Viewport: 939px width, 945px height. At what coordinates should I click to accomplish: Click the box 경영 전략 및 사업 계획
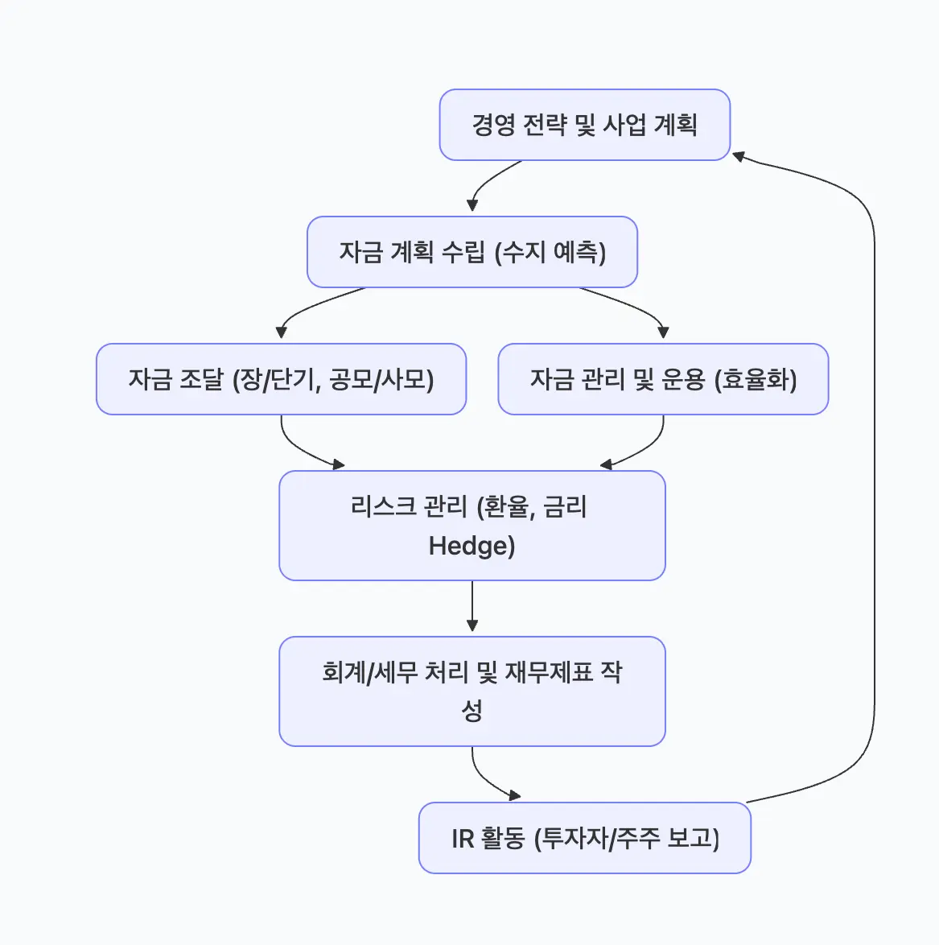(584, 125)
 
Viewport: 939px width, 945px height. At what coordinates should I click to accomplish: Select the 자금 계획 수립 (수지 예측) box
(472, 252)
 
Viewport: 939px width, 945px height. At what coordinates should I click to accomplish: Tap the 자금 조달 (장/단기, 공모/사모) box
(281, 379)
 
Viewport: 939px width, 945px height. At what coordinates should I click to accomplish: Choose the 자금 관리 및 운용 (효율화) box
(663, 379)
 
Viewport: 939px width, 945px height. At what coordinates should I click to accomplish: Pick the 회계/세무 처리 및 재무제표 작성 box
(472, 691)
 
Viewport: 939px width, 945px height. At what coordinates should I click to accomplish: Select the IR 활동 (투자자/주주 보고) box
(584, 838)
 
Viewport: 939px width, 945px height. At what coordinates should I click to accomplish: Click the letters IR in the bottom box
(463, 839)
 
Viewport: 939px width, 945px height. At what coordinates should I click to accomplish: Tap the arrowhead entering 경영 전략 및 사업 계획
(738, 155)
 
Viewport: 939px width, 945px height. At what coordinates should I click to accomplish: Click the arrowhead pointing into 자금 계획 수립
(472, 206)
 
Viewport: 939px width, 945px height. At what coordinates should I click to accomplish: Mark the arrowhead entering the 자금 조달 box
(281, 332)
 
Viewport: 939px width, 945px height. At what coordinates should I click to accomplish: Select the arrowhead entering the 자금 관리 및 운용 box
(663, 332)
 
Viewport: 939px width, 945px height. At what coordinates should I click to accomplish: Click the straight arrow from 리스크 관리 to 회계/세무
(472, 605)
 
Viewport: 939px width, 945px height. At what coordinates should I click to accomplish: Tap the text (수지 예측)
(550, 253)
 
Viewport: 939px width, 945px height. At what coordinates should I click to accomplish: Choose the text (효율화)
(756, 380)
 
